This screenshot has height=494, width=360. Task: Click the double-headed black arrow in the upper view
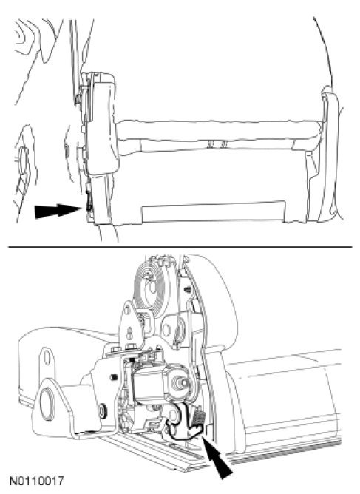(58, 211)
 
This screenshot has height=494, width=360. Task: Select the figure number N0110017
(37, 481)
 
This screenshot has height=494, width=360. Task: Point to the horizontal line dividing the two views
(180, 247)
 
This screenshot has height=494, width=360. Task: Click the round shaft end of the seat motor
(182, 382)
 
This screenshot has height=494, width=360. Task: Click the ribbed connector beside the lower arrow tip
(200, 419)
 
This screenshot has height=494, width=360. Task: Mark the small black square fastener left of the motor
(115, 377)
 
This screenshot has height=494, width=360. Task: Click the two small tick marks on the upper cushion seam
(216, 144)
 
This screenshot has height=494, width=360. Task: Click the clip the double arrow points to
(89, 203)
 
